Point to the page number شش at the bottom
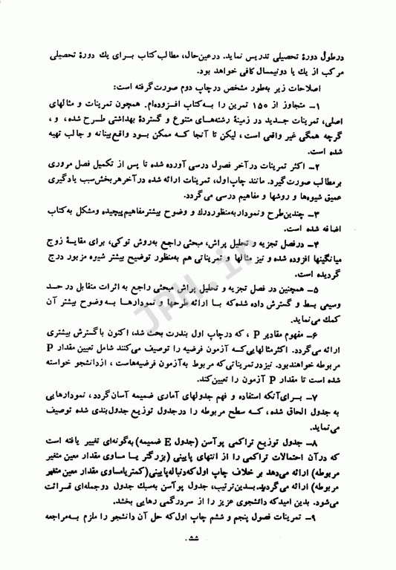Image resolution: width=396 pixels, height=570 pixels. coord(199,559)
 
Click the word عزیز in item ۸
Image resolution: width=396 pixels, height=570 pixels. coord(177,521)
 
